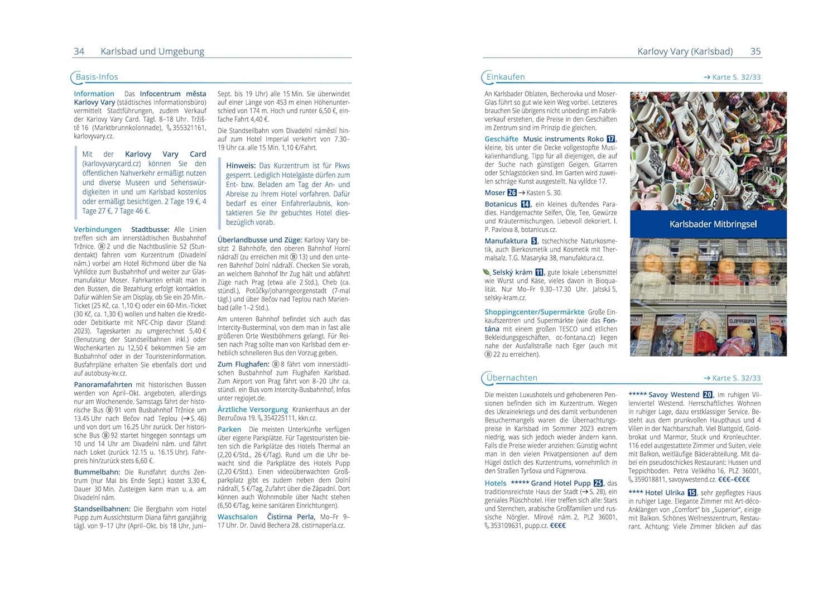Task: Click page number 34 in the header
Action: [x=79, y=51]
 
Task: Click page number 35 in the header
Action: [x=756, y=51]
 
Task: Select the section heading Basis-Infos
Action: [x=97, y=77]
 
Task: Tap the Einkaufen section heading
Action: [x=506, y=77]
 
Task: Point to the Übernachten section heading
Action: [x=512, y=378]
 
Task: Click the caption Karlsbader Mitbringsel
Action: [x=713, y=224]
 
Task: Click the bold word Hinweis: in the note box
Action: [x=241, y=166]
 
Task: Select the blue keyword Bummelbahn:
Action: [x=97, y=472]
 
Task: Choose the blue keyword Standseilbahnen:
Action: [x=102, y=509]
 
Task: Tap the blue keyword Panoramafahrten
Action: [x=103, y=384]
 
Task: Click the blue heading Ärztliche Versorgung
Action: [x=253, y=410]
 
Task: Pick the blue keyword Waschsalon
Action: [x=238, y=517]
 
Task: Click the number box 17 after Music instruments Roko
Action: [x=611, y=139]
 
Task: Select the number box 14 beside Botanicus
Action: [x=526, y=204]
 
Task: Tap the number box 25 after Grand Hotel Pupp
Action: [x=598, y=483]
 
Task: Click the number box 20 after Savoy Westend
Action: [x=708, y=394]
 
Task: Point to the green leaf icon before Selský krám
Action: [x=487, y=272]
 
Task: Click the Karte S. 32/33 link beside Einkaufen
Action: [x=732, y=78]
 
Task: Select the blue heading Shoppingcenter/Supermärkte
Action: [x=535, y=312]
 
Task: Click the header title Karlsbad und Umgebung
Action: [x=152, y=51]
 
